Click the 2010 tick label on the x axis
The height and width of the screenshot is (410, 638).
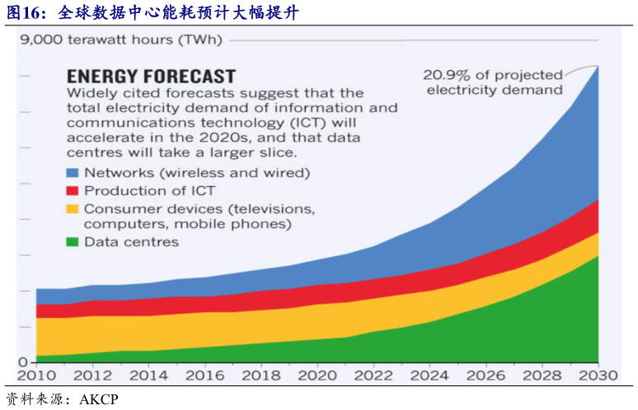click(36, 375)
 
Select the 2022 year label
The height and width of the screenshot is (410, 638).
click(373, 375)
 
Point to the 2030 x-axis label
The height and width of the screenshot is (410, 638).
click(598, 375)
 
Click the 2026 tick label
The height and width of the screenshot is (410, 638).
click(486, 375)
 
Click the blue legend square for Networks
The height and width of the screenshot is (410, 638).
click(73, 173)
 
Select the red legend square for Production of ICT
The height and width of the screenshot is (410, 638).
click(73, 191)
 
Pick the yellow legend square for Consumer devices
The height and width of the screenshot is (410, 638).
click(73, 209)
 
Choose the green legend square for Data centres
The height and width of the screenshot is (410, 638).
click(73, 242)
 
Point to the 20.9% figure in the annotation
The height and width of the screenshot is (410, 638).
click(445, 74)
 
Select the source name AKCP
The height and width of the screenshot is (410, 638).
click(99, 400)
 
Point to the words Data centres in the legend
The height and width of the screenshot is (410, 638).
click(131, 242)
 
